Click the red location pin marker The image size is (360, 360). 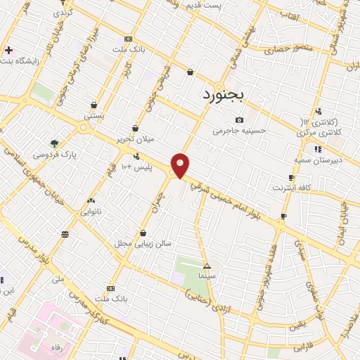(181, 165)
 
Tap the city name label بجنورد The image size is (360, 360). (223, 94)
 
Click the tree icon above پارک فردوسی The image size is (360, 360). (55, 142)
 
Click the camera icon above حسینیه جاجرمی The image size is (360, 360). (240, 120)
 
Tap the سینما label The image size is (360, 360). (207, 276)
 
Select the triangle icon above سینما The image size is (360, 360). (207, 266)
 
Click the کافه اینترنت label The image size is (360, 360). (291, 188)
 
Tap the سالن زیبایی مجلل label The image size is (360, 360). (143, 243)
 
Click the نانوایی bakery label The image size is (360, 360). (91, 210)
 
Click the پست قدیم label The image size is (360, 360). (205, 6)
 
